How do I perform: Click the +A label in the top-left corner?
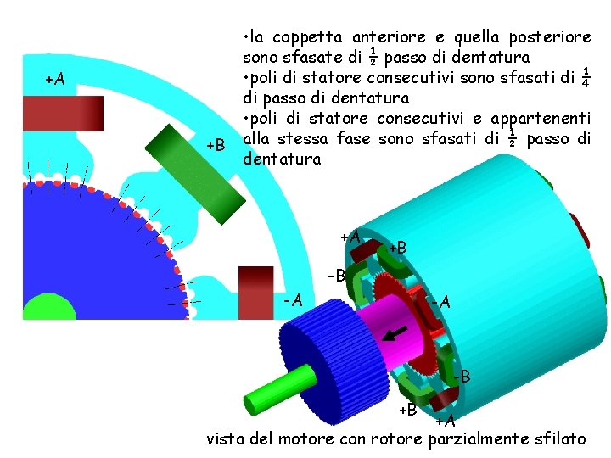(x=55, y=79)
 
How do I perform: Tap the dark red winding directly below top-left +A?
(x=63, y=111)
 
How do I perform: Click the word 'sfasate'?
(x=336, y=58)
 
